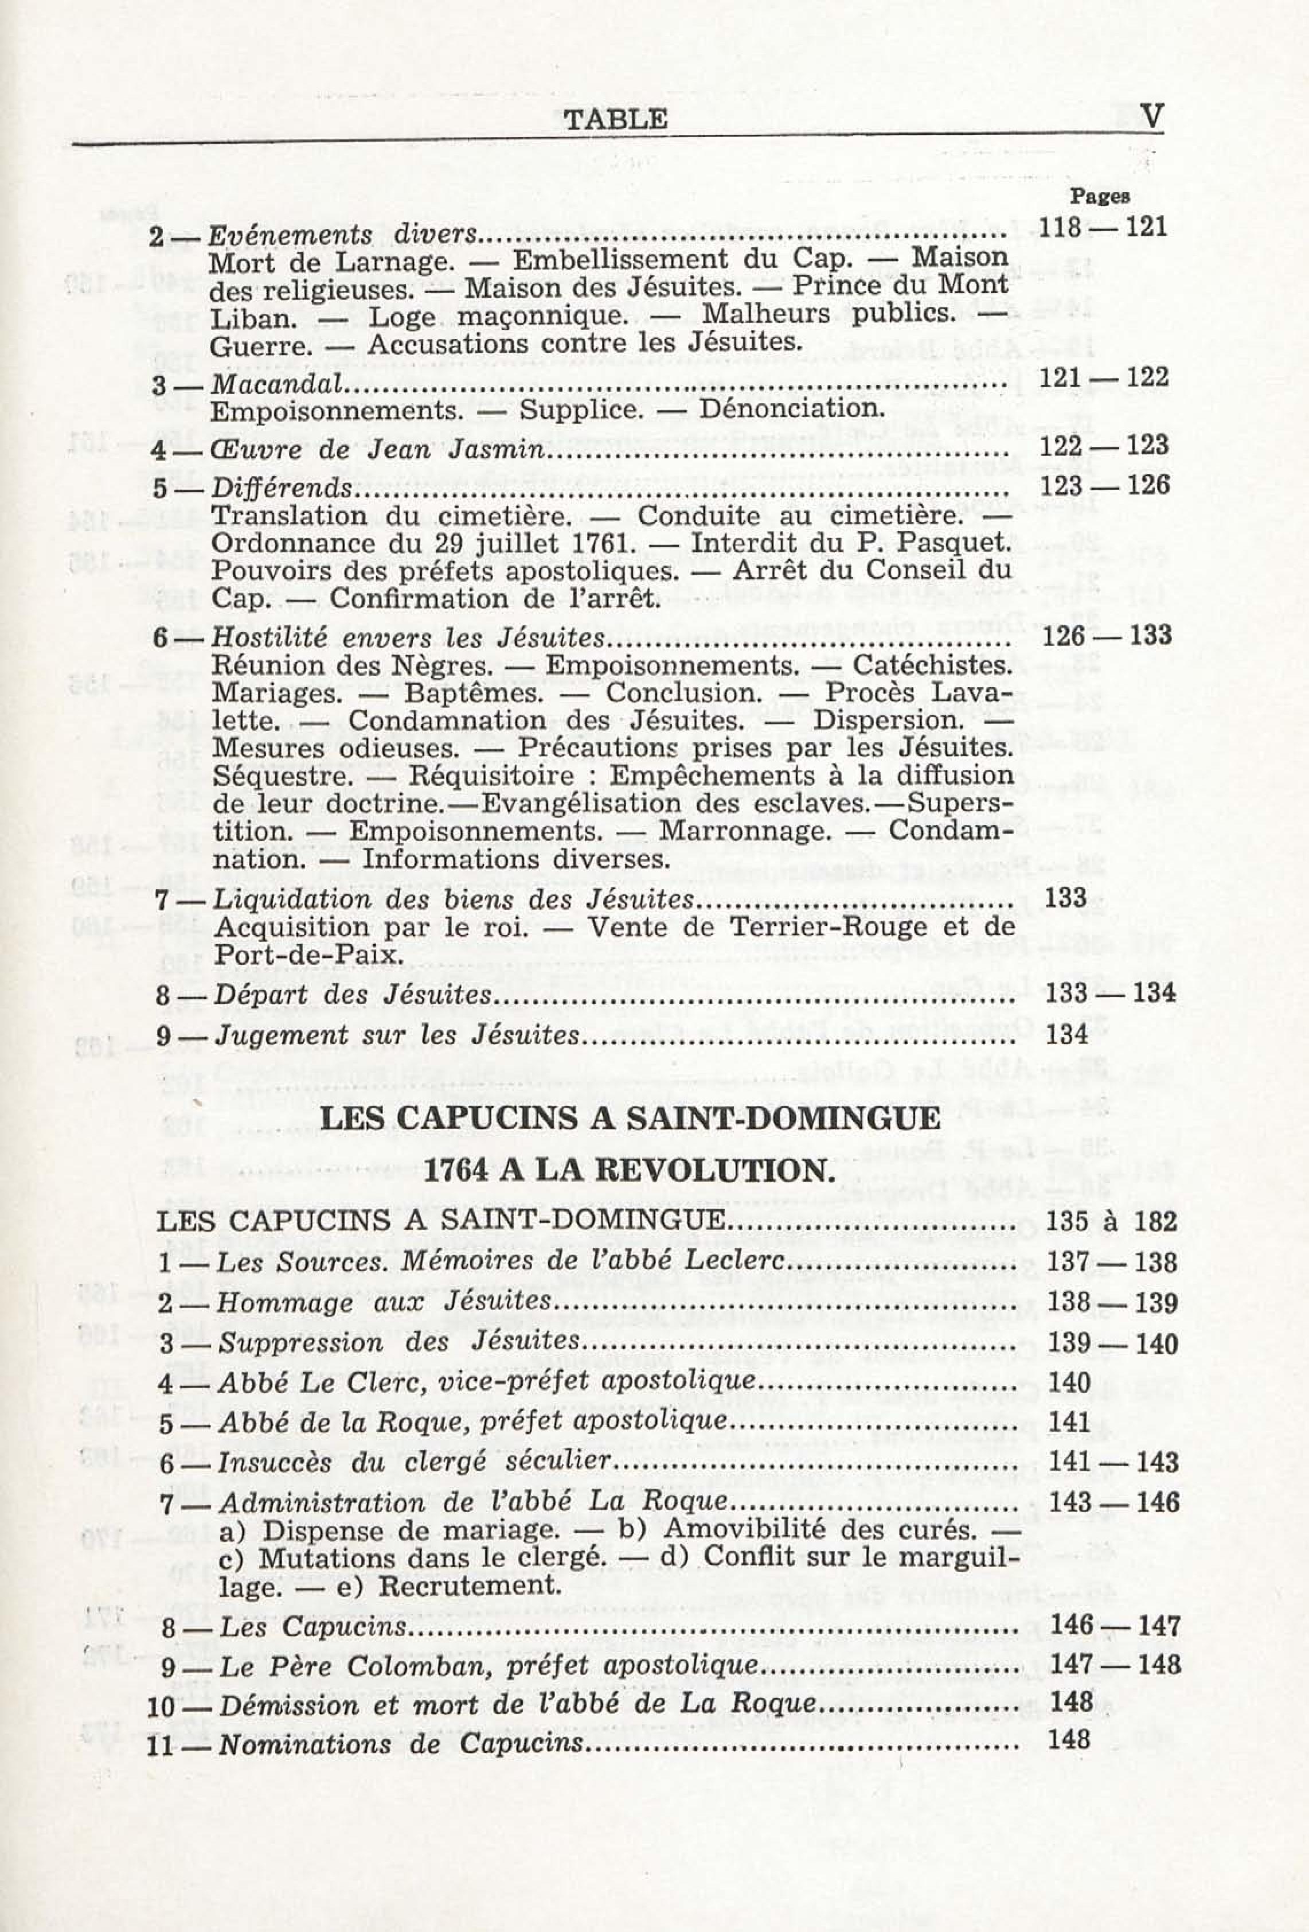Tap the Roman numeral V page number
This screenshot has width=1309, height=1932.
pyautogui.click(x=1152, y=116)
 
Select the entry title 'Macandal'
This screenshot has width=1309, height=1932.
pyautogui.click(x=277, y=384)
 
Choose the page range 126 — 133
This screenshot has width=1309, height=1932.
pyautogui.click(x=1106, y=636)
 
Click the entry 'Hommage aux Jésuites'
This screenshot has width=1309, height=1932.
pyautogui.click(x=383, y=1302)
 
